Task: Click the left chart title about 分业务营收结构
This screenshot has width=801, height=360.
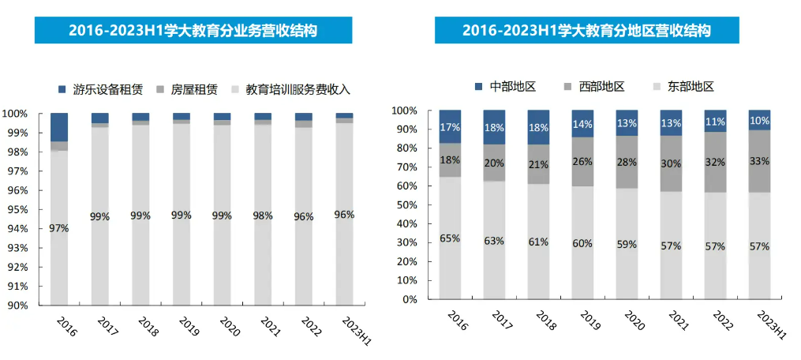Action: pyautogui.click(x=193, y=30)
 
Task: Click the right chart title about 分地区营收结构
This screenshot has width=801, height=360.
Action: pyautogui.click(x=586, y=30)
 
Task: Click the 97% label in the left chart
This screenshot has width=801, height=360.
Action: pyautogui.click(x=59, y=228)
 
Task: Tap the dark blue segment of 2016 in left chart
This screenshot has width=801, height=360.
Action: pyautogui.click(x=59, y=127)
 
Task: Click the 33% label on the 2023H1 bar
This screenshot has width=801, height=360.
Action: pyautogui.click(x=759, y=161)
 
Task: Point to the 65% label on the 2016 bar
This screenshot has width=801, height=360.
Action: pyautogui.click(x=450, y=238)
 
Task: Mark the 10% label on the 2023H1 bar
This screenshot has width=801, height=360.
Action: pyautogui.click(x=759, y=120)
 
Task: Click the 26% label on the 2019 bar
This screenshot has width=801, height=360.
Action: pyautogui.click(x=582, y=162)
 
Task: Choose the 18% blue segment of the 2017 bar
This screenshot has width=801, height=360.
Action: pyautogui.click(x=494, y=127)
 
